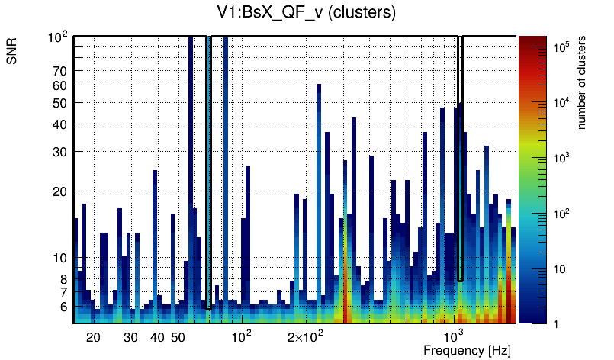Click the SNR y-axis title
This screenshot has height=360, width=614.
pos(12,53)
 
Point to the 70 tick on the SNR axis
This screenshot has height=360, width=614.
pos(60,71)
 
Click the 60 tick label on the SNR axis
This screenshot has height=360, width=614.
pos(60,85)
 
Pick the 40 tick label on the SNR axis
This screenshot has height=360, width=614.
pos(60,124)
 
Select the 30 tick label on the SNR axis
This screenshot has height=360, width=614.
pos(60,152)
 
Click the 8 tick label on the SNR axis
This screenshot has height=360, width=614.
pos(63,279)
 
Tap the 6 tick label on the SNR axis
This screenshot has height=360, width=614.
pos(63,307)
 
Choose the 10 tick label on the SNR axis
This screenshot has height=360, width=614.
pos(60,258)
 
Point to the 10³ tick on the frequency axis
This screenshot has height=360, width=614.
pos(455,336)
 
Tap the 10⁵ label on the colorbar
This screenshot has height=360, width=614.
pos(563,47)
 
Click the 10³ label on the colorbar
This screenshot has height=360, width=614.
pos(563,158)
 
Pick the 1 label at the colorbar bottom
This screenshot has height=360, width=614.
pos(557,323)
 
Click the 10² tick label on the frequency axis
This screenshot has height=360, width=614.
pos(242,336)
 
